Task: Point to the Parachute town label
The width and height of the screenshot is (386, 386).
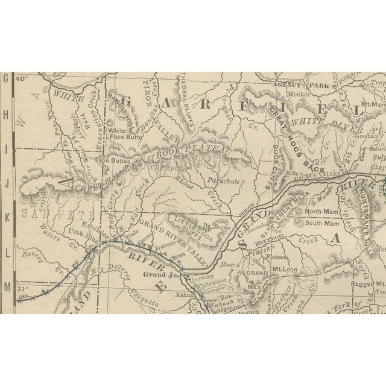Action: (223, 180)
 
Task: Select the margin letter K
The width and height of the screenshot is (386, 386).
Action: (7, 214)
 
